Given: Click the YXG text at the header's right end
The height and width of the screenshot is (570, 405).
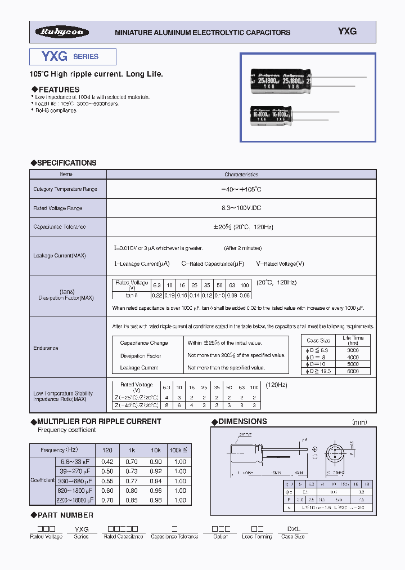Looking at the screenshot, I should [x=347, y=32].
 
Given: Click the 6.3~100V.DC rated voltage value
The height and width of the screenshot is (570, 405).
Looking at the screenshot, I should [x=241, y=208].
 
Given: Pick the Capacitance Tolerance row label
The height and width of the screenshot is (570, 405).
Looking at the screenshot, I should [x=60, y=226].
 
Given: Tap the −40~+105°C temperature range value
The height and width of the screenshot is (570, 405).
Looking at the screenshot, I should [x=241, y=189].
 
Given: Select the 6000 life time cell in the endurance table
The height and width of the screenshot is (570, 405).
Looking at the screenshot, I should [x=353, y=371].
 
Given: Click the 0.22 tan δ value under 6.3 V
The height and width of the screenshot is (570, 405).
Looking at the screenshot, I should [x=157, y=295].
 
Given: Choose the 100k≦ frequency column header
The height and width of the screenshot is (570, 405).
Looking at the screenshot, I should [x=180, y=450].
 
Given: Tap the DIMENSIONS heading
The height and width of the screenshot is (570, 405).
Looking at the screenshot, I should [x=242, y=421].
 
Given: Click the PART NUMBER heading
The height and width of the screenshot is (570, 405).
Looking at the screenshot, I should [x=65, y=515].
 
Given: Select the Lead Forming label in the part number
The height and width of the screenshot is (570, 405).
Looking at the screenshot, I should [x=257, y=537].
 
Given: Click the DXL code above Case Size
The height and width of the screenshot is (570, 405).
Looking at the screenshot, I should [x=293, y=529].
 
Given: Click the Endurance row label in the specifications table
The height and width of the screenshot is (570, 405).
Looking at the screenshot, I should [x=46, y=348].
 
